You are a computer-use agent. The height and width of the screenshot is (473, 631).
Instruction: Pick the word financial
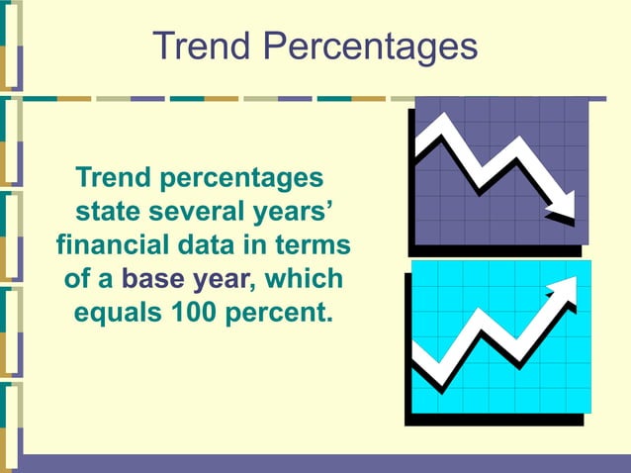point(118,244)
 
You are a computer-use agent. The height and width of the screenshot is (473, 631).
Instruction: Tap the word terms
point(314,244)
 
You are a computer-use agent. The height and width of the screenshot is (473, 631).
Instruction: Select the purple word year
point(222,279)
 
